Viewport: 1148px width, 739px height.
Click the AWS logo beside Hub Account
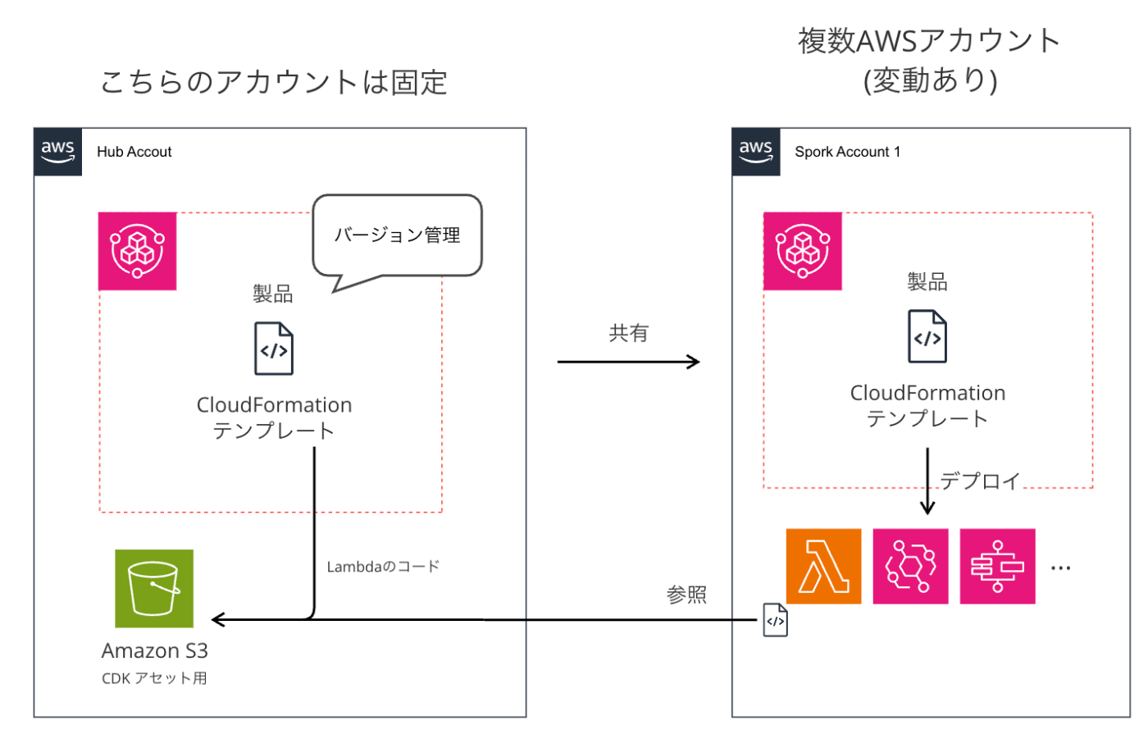point(58,152)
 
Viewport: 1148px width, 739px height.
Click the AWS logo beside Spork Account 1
point(756,152)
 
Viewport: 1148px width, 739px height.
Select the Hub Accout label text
point(134,152)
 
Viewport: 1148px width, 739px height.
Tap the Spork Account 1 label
point(847,152)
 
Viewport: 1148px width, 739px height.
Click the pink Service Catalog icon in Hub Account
point(138,251)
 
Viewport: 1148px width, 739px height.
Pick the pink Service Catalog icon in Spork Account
point(803,251)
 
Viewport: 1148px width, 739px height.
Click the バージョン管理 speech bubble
point(398,235)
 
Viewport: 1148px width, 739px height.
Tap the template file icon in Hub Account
point(274,349)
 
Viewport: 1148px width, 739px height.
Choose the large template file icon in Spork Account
point(927,336)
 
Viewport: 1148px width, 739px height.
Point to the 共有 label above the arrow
point(629,333)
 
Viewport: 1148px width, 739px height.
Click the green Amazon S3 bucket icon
point(154,588)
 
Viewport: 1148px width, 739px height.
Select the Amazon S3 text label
point(155,650)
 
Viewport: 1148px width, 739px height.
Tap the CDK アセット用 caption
point(154,678)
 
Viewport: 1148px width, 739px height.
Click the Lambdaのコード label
point(383,567)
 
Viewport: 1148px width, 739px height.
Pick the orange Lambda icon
point(823,567)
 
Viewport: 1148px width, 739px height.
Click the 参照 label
point(686,595)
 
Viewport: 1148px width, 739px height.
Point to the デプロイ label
point(980,481)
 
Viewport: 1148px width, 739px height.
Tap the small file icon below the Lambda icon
point(775,620)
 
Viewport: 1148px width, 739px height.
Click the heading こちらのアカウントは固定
point(274,83)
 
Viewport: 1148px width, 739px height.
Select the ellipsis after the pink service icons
point(1060,568)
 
